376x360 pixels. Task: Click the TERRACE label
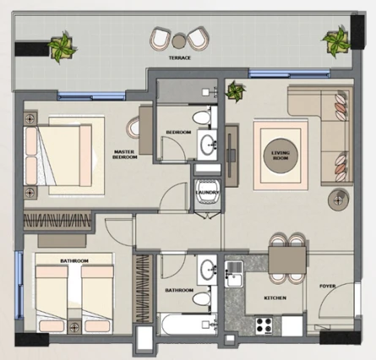[x=180, y=57]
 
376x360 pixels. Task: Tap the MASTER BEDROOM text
[x=125, y=155]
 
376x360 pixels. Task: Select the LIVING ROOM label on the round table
[x=281, y=155]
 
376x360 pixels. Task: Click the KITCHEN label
[x=275, y=297]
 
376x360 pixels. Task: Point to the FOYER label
[x=328, y=286]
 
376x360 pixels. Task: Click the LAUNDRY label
[x=207, y=193]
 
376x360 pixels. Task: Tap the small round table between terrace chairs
[x=178, y=41]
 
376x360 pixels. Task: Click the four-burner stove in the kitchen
[x=264, y=325]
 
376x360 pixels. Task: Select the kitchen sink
[x=234, y=274]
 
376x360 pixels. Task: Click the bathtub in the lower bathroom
[x=187, y=325]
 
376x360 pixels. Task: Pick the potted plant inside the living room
[x=236, y=91]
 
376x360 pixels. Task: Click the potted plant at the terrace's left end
[x=61, y=48]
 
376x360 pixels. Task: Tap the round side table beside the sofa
[x=339, y=199]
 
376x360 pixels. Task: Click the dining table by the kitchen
[x=287, y=260]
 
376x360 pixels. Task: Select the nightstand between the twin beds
[x=74, y=327]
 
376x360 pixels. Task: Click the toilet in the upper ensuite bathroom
[x=202, y=117]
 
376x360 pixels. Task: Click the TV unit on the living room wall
[x=232, y=155]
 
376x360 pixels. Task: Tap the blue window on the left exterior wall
[x=19, y=285]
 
